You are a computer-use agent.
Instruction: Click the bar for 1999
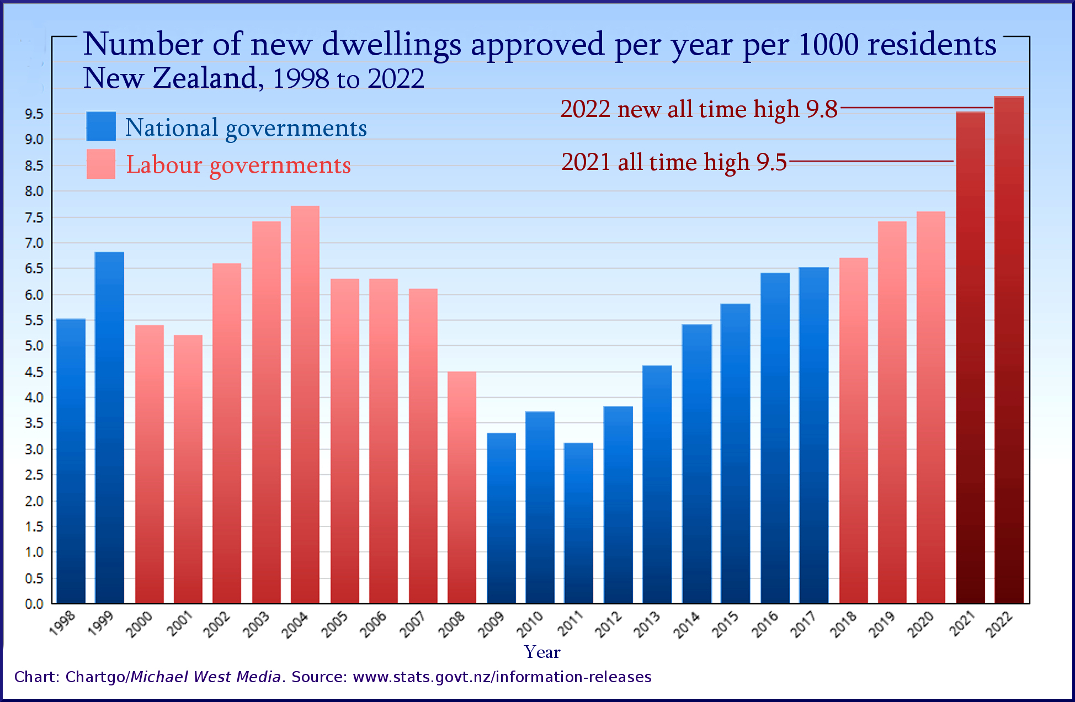tap(109, 428)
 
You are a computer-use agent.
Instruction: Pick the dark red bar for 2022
tap(1009, 350)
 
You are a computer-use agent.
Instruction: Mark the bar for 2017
tap(813, 435)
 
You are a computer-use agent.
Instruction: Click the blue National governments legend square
tap(101, 126)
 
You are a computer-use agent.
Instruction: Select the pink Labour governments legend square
tap(101, 164)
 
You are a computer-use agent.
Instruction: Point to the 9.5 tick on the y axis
tap(34, 114)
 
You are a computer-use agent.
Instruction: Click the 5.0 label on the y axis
tap(34, 346)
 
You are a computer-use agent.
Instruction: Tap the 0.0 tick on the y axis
tap(34, 604)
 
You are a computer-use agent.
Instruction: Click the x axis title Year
tap(542, 652)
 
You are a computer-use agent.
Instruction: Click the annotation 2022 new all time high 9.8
tap(699, 109)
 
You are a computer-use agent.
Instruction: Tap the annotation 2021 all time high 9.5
tap(674, 162)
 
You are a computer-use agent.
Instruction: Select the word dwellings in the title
tap(391, 44)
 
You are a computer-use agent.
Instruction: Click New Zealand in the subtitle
tap(170, 78)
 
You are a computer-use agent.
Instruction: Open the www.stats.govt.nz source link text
tap(502, 677)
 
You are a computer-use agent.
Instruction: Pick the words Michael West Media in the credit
tap(206, 677)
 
